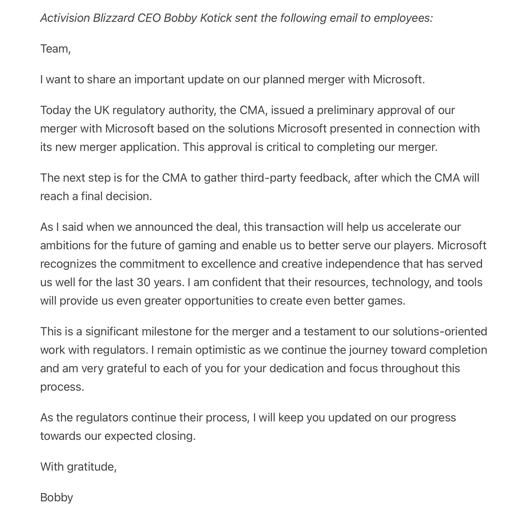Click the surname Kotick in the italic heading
point(216,18)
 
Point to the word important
point(159,80)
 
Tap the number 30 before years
point(143,282)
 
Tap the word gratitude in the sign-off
point(91,467)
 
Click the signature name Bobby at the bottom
point(57,498)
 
